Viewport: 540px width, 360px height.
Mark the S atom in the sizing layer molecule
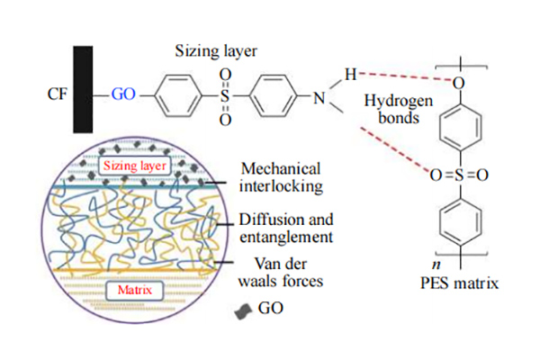point(225,92)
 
